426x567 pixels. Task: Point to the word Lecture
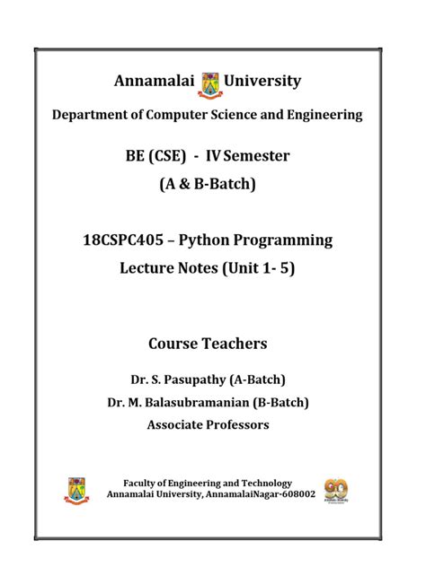pos(151,267)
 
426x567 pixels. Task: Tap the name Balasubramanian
pos(199,402)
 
